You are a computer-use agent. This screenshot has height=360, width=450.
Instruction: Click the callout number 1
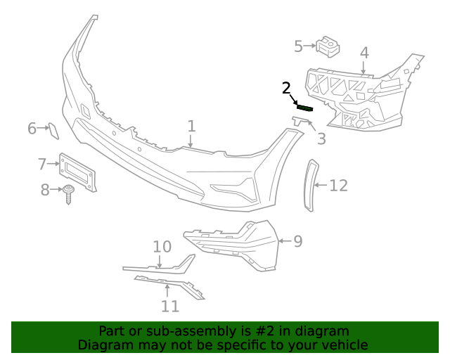[191, 127]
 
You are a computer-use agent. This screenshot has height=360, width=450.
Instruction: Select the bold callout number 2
[286, 89]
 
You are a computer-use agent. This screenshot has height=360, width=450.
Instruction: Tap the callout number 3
[321, 139]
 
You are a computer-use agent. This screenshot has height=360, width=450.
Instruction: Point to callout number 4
[364, 53]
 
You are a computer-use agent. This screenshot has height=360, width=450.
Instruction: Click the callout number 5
[298, 46]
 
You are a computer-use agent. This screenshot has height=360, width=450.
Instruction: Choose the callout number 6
[32, 129]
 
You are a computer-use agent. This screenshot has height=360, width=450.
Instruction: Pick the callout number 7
[42, 165]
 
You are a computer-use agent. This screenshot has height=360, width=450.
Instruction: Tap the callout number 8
[44, 189]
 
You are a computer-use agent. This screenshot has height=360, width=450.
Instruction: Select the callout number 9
[297, 241]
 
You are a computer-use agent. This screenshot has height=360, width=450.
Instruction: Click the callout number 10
[162, 247]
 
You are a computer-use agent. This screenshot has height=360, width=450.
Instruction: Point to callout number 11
[169, 306]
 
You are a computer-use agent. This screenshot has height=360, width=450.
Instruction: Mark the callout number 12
[339, 186]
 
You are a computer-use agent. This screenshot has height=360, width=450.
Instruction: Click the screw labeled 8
[69, 192]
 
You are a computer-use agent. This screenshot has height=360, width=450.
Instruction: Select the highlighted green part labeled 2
[305, 108]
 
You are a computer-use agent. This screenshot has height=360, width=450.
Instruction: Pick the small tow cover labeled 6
[53, 129]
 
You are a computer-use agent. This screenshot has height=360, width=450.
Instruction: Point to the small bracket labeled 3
[302, 122]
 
